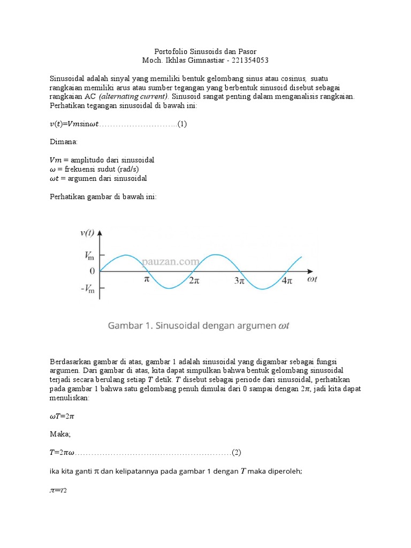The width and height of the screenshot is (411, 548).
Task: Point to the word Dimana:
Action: [63, 142]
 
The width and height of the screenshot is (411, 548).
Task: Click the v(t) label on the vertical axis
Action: [87, 233]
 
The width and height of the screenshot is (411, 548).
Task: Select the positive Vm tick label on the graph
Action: [89, 256]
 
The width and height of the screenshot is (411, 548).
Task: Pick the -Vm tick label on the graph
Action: [87, 290]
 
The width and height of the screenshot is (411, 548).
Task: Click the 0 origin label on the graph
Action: [92, 272]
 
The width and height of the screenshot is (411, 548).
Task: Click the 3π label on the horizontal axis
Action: [239, 280]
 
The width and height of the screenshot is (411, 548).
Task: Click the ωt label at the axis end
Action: [312, 279]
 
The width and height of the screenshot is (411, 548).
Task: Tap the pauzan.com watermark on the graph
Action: [170, 262]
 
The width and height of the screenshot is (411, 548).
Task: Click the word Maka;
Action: [60, 434]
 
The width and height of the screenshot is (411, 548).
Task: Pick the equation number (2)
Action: [237, 452]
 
